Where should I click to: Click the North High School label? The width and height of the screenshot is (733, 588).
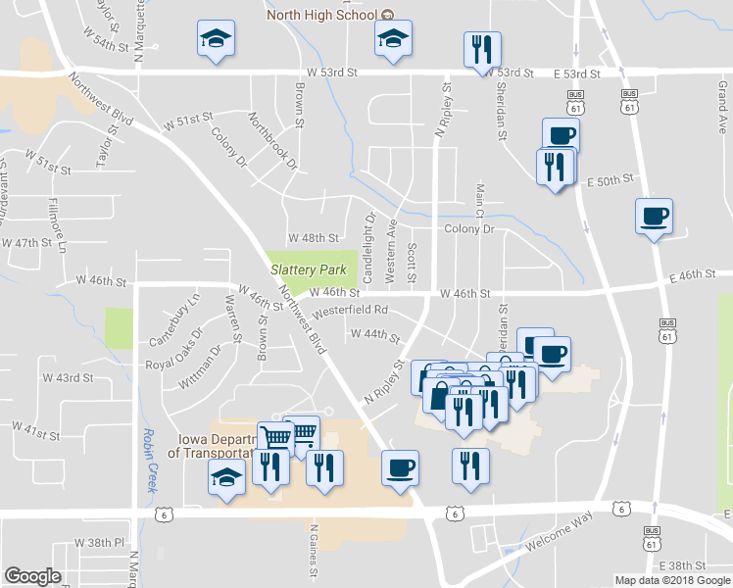pyautogui.click(x=322, y=15)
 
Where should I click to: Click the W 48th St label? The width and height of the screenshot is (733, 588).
pyautogui.click(x=313, y=238)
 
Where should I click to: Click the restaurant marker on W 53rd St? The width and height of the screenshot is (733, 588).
pyautogui.click(x=482, y=50)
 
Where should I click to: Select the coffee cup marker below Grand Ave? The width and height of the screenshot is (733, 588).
pyautogui.click(x=654, y=217)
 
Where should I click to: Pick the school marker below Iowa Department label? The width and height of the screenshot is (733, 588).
pyautogui.click(x=226, y=480)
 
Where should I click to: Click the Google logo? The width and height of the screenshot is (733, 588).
pyautogui.click(x=33, y=576)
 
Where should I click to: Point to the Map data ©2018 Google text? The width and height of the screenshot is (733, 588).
pyautogui.click(x=672, y=580)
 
